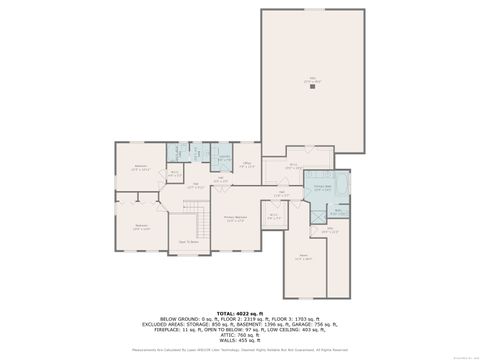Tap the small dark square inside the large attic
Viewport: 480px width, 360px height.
313,87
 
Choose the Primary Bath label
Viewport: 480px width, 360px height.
322,187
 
